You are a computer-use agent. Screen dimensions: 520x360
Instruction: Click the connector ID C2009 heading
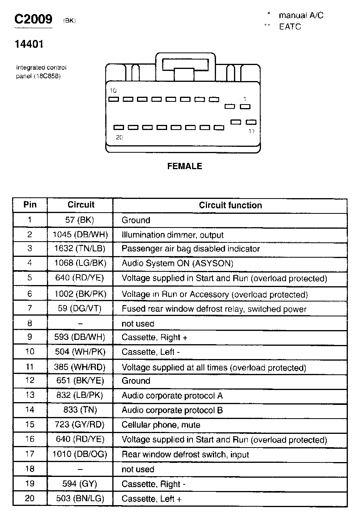coord(33,20)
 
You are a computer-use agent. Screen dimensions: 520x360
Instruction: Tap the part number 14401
coord(29,44)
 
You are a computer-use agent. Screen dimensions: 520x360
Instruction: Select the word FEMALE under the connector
coord(185,166)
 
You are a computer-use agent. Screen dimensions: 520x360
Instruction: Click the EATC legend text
coord(290,27)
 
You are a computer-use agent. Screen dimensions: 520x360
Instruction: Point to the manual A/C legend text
coord(301,16)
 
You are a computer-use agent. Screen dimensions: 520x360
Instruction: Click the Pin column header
coord(30,204)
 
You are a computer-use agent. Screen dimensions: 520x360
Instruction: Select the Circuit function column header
coord(230,205)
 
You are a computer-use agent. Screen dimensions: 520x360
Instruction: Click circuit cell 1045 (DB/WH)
coord(80,235)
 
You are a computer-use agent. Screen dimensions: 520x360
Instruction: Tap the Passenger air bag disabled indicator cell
coord(191,249)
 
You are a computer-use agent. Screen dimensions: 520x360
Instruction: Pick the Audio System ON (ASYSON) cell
coord(177,264)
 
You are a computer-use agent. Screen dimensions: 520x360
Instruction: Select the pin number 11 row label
coord(30,367)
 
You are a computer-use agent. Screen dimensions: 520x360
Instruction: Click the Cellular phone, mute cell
coord(161,425)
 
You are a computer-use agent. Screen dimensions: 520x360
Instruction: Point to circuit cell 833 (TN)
coord(80,410)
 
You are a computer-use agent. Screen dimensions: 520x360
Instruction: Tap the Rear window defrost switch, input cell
coord(185,455)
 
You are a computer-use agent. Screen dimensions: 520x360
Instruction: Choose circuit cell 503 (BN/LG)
coord(80,498)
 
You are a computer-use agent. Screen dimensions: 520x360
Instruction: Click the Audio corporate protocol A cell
coord(172,395)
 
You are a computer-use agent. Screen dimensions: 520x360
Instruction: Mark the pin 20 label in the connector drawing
coord(119,137)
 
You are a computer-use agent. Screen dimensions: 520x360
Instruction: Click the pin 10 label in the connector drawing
coord(113,91)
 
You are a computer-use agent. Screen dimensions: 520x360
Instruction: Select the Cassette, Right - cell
coord(153,484)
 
